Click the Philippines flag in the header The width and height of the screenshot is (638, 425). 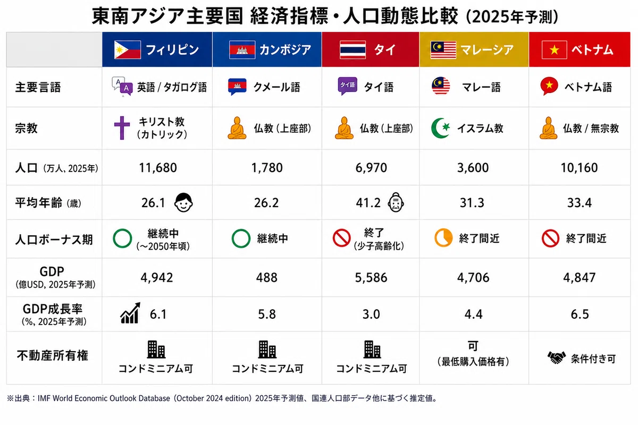[127, 50]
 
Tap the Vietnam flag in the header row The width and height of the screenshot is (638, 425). [554, 50]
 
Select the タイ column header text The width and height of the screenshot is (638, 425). [384, 50]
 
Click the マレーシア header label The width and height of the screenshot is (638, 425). [487, 50]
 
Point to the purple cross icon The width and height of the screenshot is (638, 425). [122, 128]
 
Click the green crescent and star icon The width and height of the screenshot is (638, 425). [440, 128]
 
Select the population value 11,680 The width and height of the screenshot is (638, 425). [158, 168]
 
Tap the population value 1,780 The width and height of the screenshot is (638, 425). [267, 168]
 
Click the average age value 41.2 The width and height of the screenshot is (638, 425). [368, 203]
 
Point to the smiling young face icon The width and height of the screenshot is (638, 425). [183, 202]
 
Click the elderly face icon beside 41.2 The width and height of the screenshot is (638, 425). [396, 202]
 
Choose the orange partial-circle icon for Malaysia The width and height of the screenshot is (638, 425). [443, 237]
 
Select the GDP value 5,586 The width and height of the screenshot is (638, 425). [371, 277]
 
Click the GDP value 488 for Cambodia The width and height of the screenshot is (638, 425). [266, 277]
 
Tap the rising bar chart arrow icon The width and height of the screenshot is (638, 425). [130, 313]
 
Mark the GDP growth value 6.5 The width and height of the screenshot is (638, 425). [580, 314]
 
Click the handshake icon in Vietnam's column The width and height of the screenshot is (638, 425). [557, 358]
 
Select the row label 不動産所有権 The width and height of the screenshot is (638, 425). [53, 356]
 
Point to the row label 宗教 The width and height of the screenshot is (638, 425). [26, 129]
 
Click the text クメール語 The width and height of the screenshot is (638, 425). [276, 87]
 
